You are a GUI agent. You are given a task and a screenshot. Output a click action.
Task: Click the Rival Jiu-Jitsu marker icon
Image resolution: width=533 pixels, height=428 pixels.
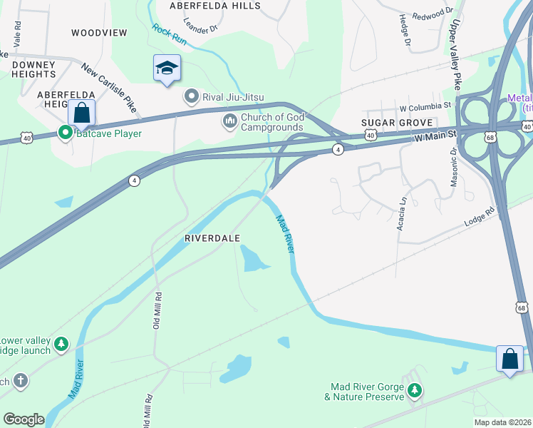click(191, 96)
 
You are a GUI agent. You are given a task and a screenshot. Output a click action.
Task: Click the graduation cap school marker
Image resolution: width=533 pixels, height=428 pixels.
click(167, 68)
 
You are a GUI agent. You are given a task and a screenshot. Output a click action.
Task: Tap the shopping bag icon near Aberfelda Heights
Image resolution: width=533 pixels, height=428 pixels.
click(82, 113)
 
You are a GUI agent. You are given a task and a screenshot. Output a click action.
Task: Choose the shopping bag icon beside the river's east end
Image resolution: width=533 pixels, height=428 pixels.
click(510, 357)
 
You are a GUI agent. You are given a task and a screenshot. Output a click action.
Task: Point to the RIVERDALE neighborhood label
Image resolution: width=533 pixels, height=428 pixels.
click(212, 238)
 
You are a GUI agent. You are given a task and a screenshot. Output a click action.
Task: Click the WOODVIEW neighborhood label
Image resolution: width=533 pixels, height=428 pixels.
click(99, 33)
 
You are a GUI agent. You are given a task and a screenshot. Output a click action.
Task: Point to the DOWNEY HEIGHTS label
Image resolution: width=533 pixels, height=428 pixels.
click(33, 69)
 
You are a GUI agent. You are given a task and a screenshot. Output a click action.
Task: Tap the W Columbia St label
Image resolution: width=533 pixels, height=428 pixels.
click(425, 106)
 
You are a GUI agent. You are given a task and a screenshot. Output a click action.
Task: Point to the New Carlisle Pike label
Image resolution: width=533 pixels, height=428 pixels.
click(108, 88)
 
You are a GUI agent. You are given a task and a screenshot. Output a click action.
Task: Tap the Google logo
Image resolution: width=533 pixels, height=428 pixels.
click(24, 419)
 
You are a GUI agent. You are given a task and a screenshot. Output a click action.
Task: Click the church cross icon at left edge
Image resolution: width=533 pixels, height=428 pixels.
click(19, 380)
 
